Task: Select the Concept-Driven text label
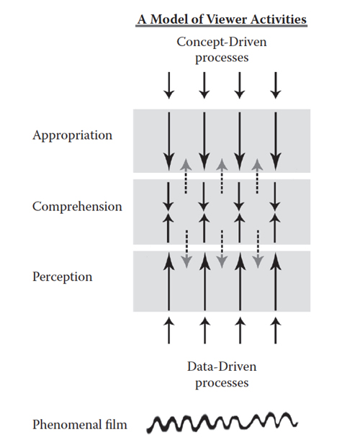222,42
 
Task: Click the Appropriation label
72,135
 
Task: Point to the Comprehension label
77,207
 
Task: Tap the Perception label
63,277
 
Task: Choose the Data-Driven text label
222,367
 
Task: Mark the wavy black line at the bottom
222,422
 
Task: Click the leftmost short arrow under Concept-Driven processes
169,85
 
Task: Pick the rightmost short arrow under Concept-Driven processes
276,85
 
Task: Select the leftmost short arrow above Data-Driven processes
169,331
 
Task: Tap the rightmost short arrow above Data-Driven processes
276,331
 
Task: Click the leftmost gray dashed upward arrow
186,176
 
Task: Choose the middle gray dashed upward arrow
222,176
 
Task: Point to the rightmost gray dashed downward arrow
258,249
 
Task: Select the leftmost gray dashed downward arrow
186,249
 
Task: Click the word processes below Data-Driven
222,383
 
